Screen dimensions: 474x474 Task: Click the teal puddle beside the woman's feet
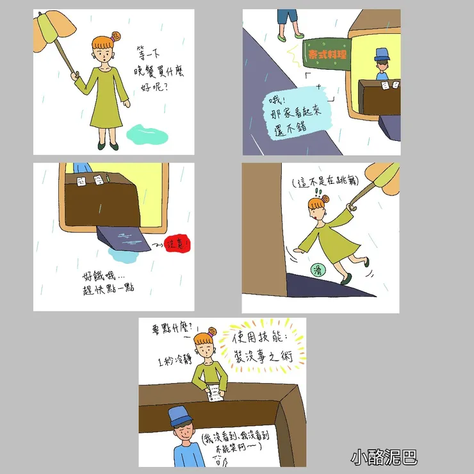coord(148,135)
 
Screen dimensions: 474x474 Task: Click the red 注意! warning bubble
coord(179,244)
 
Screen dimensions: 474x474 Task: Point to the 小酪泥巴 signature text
coord(384,457)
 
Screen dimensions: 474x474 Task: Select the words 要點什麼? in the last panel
coord(172,329)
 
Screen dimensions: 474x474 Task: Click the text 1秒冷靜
coord(174,361)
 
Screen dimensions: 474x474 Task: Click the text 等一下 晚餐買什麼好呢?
coord(156,68)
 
